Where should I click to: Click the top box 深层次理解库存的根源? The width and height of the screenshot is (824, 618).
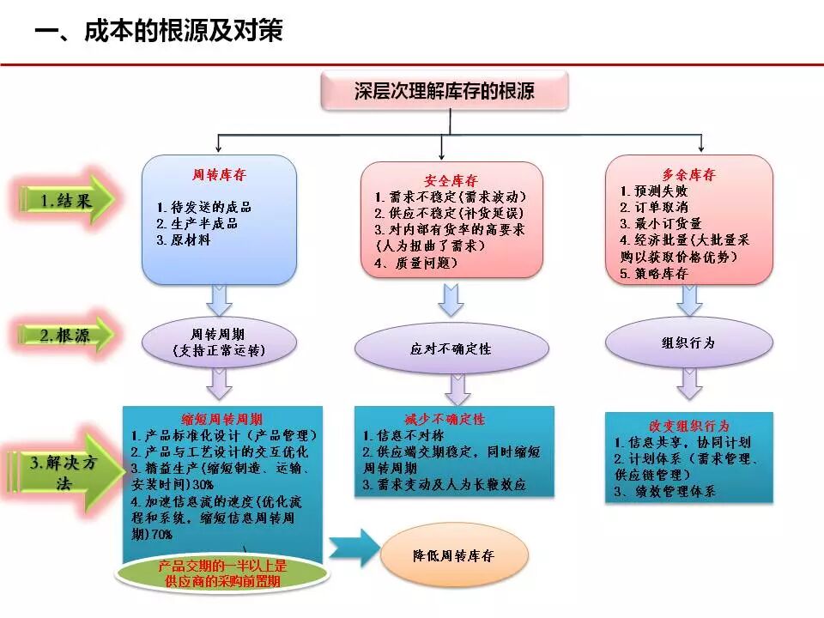click(444, 90)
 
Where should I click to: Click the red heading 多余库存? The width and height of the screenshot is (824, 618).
click(689, 175)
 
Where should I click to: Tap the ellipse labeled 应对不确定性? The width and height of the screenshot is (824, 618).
click(451, 349)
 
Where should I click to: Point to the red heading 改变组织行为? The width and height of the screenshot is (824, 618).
click(688, 426)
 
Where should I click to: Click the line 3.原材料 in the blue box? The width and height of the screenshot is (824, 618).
click(184, 240)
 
